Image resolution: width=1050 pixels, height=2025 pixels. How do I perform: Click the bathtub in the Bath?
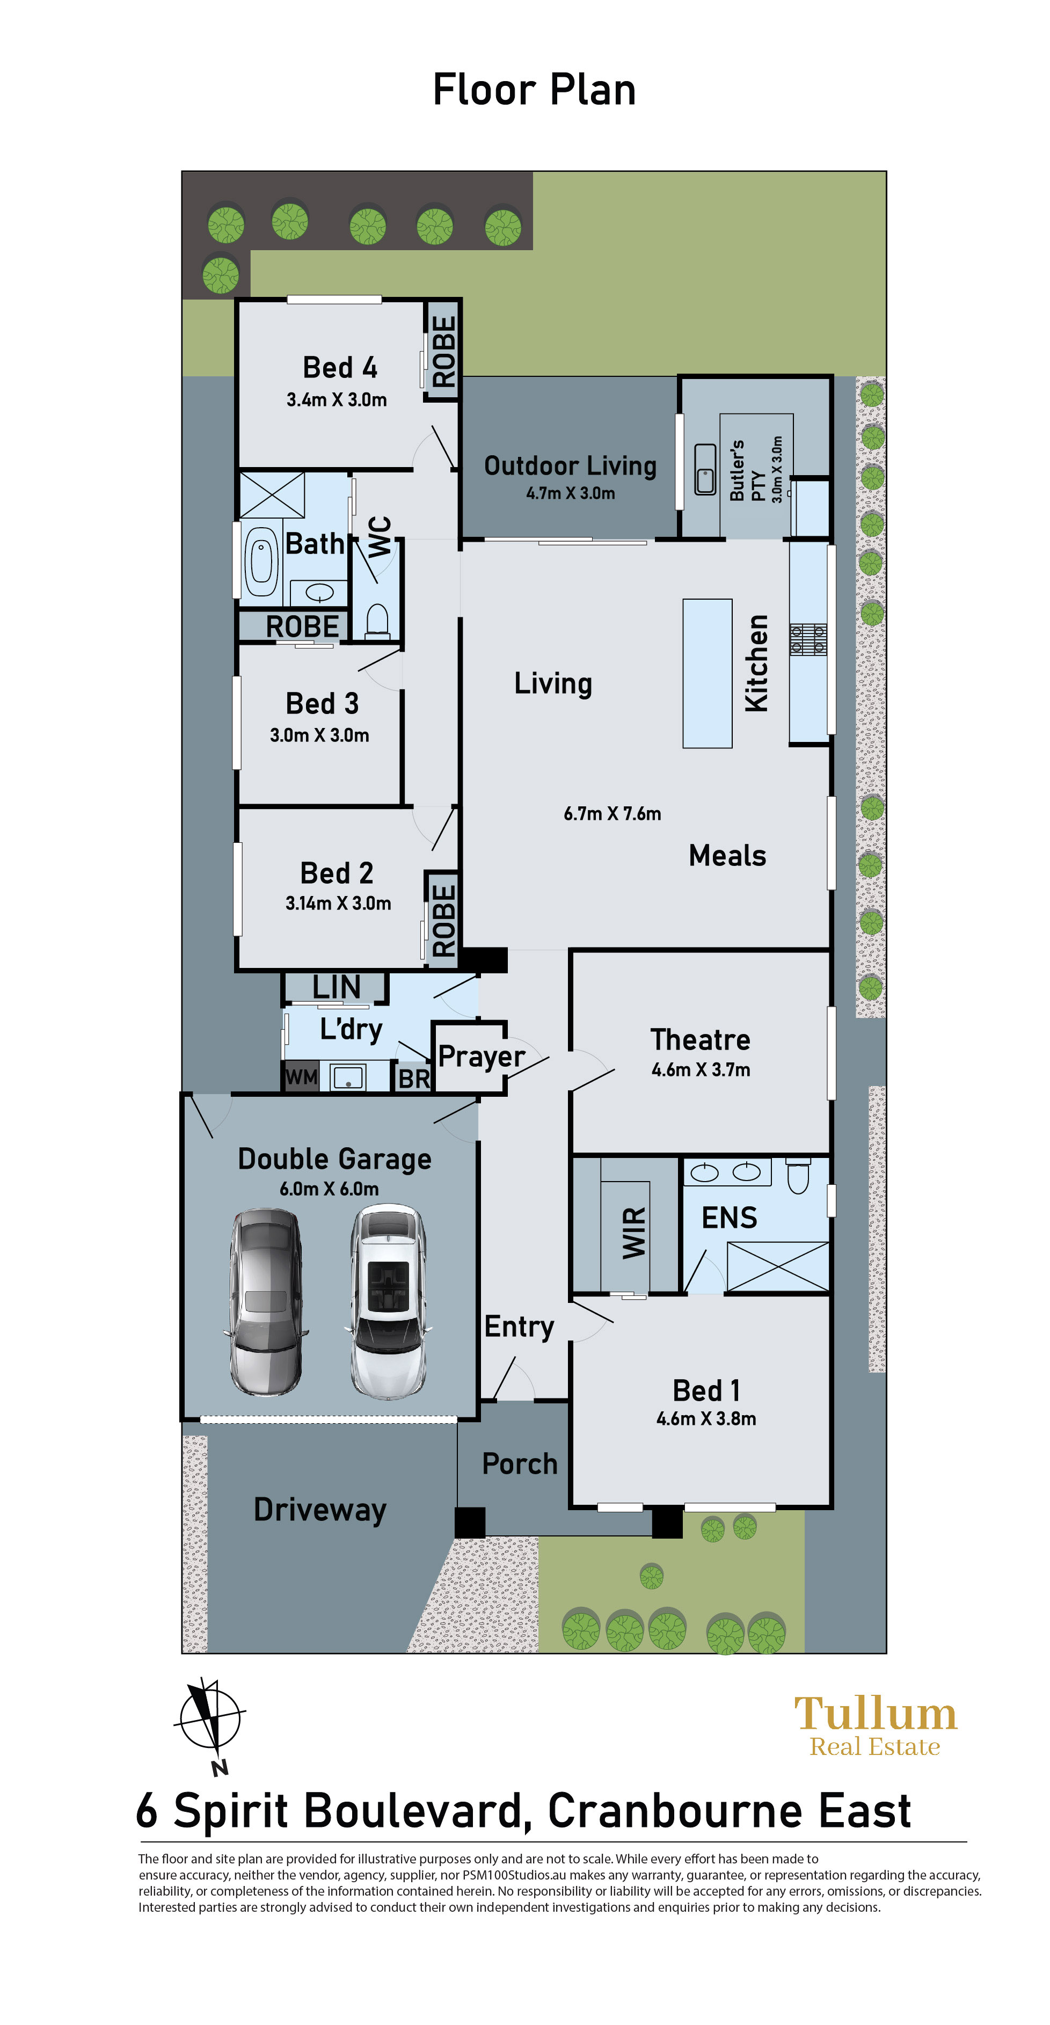261,562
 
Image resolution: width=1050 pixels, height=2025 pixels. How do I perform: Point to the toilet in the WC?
378,620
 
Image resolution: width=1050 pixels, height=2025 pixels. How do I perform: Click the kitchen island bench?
708,673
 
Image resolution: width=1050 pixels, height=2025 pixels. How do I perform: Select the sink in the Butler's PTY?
705,469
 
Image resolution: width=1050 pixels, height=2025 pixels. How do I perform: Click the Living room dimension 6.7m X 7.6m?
612,814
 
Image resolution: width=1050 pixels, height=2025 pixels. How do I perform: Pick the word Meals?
727,855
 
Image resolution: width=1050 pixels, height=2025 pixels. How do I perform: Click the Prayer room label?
481,1057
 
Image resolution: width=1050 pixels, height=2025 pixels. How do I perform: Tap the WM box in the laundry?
301,1076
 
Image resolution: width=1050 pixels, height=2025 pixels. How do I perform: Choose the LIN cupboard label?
337,987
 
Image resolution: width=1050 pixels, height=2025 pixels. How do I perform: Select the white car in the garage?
388,1302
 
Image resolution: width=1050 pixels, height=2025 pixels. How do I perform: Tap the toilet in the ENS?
798,1175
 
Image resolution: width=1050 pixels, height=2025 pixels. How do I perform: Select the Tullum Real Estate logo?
876,1725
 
